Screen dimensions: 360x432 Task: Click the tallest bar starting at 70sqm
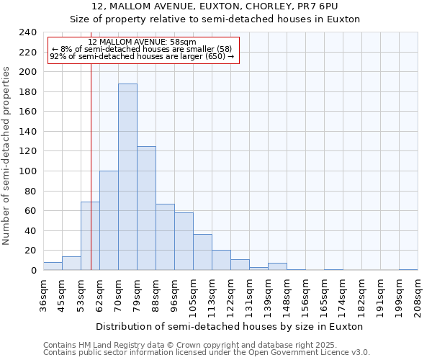tap(127, 177)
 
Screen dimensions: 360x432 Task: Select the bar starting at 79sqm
tap(146, 208)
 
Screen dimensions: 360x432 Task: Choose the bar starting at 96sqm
tap(184, 241)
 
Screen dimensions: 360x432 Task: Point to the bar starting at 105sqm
tap(202, 252)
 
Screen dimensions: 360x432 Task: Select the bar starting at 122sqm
tap(240, 265)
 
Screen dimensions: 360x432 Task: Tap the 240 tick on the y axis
tap(29, 32)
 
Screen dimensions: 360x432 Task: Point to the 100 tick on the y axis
tap(29, 171)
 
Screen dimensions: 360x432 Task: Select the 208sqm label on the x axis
tap(418, 295)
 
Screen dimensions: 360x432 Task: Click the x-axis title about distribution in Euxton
tap(230, 326)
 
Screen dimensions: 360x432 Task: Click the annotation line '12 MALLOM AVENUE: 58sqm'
tap(142, 42)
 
